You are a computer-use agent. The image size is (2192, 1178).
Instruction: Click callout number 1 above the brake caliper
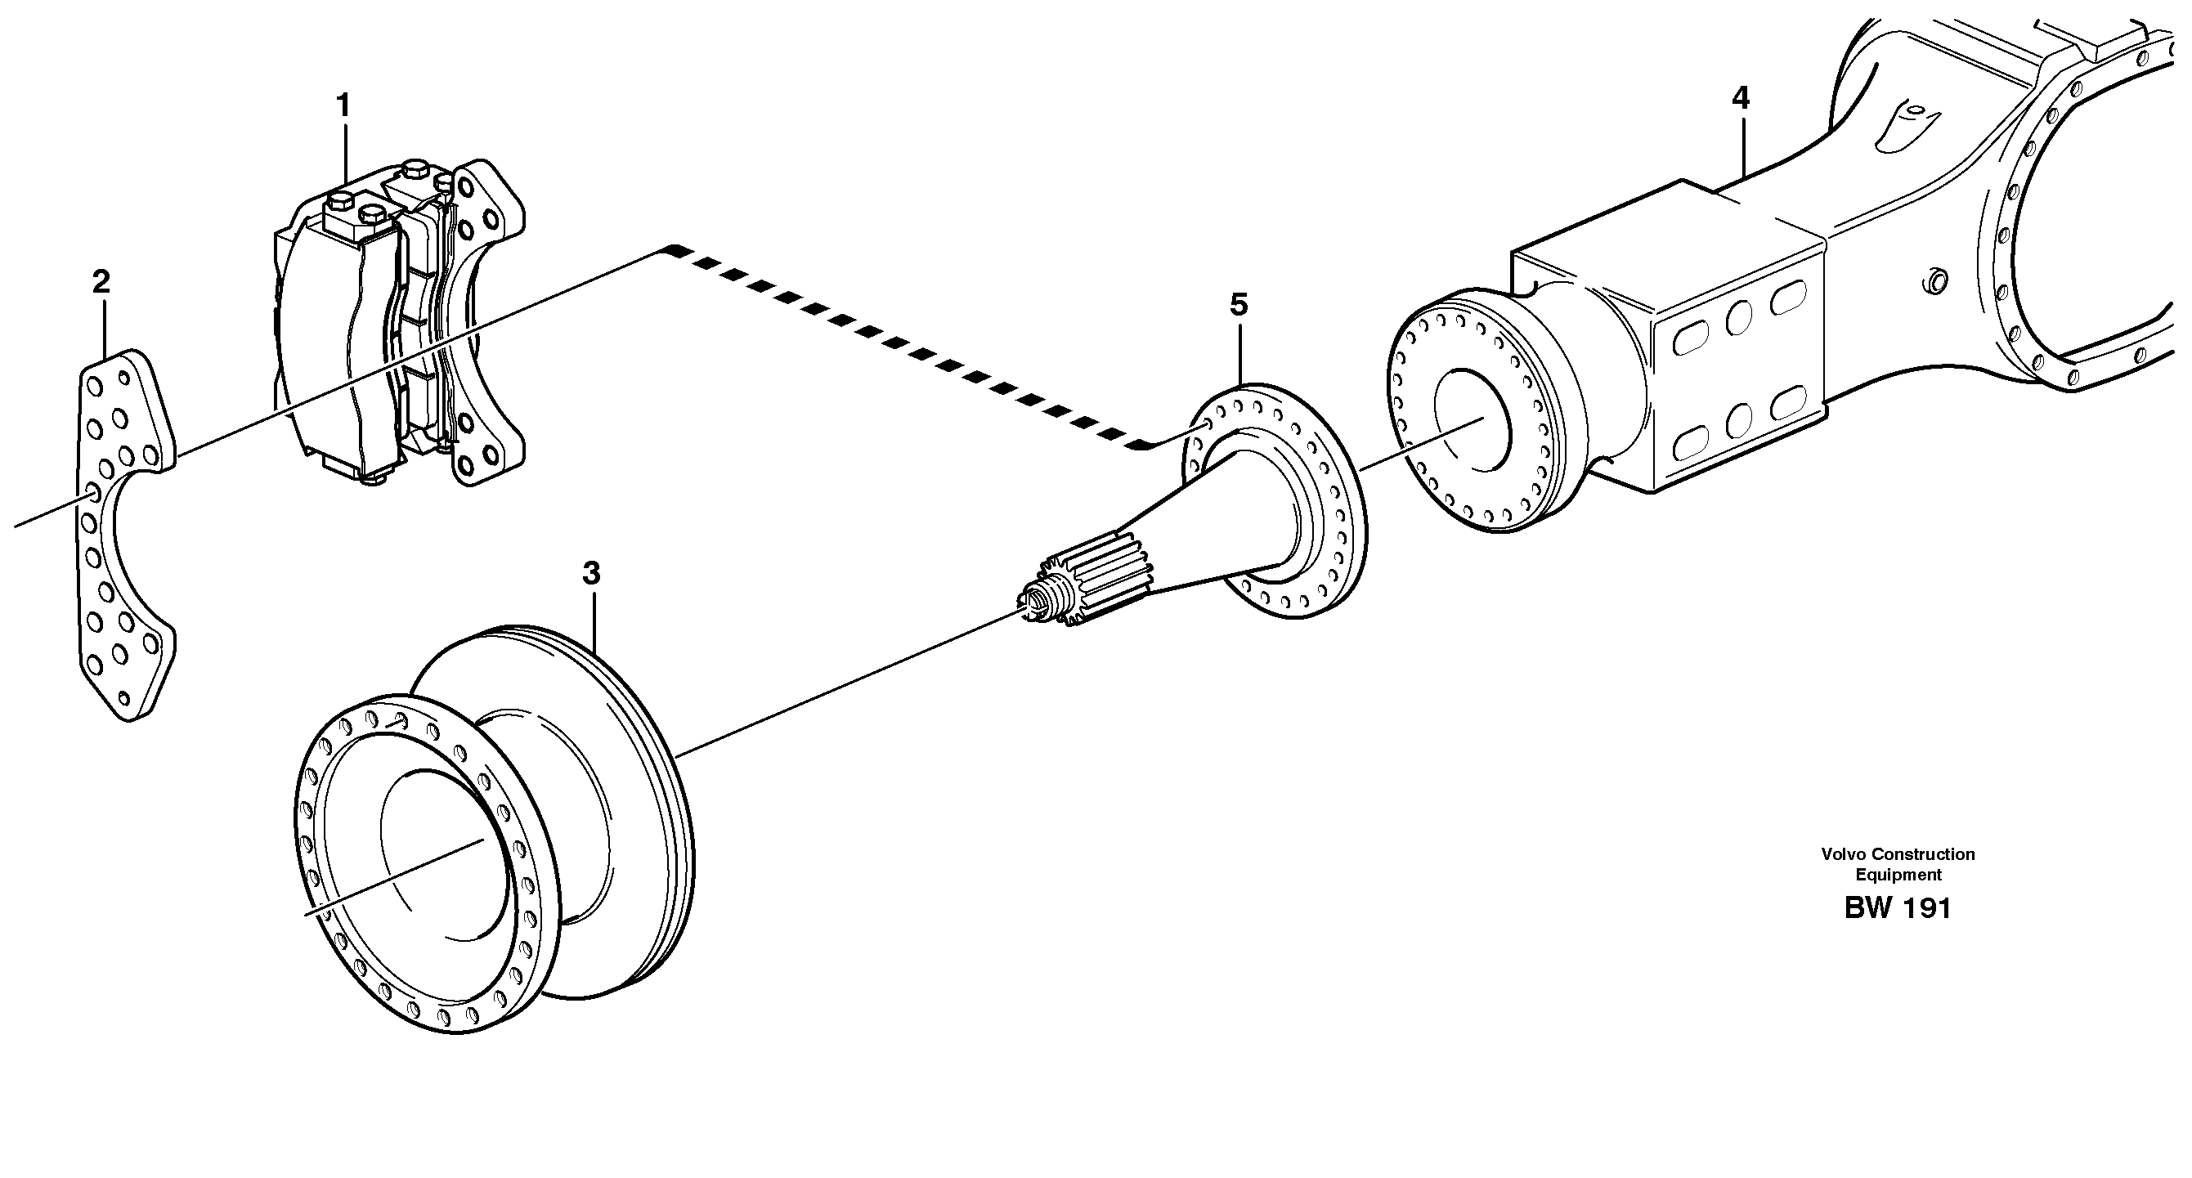[x=343, y=107]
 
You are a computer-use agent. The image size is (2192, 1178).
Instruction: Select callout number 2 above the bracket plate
[x=101, y=281]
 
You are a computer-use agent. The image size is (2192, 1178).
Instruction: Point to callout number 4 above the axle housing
[x=1740, y=100]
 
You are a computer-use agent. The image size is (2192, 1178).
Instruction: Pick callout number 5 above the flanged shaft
[x=1239, y=304]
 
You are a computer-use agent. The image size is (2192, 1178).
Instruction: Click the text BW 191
[x=1898, y=909]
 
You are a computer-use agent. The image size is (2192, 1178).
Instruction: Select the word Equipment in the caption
[x=1898, y=876]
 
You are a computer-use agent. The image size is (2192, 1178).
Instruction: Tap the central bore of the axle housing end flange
[x=1473, y=421]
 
